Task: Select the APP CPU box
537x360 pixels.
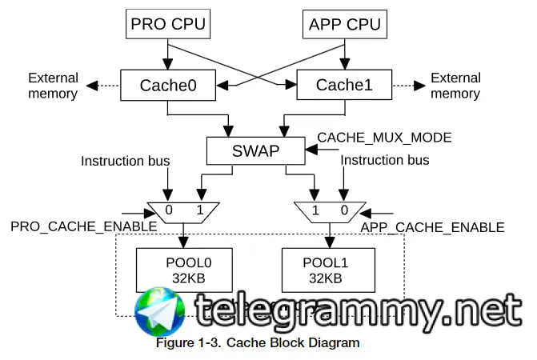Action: tap(343, 23)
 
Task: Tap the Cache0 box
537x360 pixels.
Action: tap(167, 85)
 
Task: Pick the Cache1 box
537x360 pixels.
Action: tap(344, 85)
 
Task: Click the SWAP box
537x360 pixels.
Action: tap(255, 150)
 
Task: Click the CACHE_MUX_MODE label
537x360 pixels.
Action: tap(384, 138)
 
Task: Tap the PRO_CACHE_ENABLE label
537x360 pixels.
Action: tap(83, 226)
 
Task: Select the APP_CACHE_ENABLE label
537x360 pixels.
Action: tap(432, 227)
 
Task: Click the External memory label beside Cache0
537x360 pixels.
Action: tap(54, 86)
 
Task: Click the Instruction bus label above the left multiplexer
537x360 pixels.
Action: tap(125, 161)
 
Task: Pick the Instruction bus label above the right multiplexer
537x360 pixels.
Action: tap(385, 160)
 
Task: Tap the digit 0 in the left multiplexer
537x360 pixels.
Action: tap(169, 210)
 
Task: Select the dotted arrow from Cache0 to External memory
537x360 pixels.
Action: tap(103, 85)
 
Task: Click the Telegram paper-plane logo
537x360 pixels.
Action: tap(160, 312)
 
